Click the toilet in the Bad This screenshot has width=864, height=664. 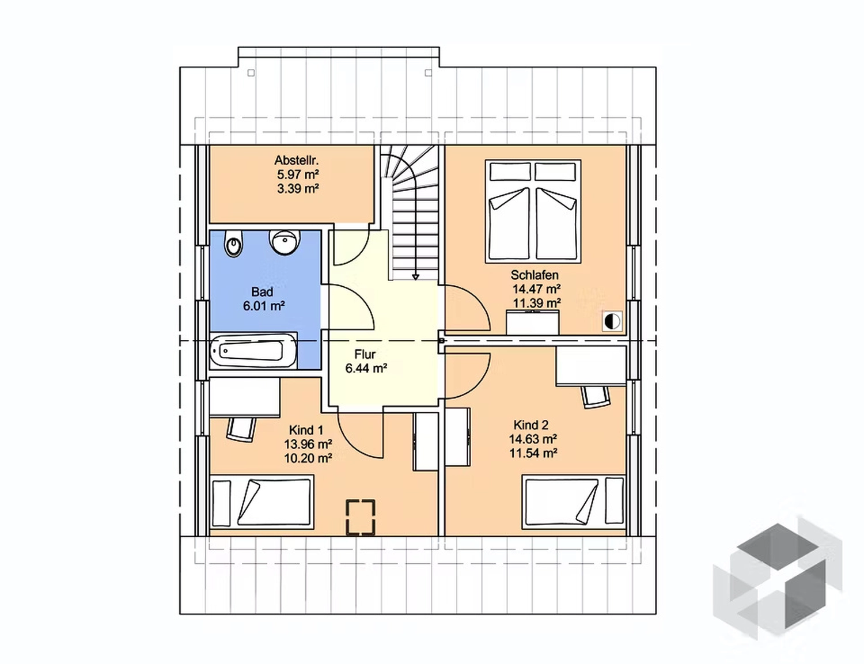click(x=233, y=243)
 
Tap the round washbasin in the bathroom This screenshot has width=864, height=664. click(x=284, y=241)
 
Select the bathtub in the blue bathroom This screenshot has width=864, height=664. click(x=253, y=351)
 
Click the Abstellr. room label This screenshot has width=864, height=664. click(x=297, y=160)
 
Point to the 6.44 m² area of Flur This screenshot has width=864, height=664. click(x=366, y=369)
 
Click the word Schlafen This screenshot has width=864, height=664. click(x=535, y=275)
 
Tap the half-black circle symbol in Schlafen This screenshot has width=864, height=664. click(x=612, y=321)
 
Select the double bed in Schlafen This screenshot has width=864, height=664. click(x=533, y=211)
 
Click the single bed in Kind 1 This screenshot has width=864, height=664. click(x=262, y=502)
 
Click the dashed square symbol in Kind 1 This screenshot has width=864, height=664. click(x=360, y=517)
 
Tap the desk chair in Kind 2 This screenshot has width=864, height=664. click(x=595, y=396)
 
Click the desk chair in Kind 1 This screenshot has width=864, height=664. click(x=241, y=429)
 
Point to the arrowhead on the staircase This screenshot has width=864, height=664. click(x=415, y=277)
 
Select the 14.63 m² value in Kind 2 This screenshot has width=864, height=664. click(x=533, y=439)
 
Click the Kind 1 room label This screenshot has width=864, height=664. click(x=306, y=430)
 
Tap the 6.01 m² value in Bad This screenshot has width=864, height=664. click(x=264, y=306)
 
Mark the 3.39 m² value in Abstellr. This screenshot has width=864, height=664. click(x=298, y=188)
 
